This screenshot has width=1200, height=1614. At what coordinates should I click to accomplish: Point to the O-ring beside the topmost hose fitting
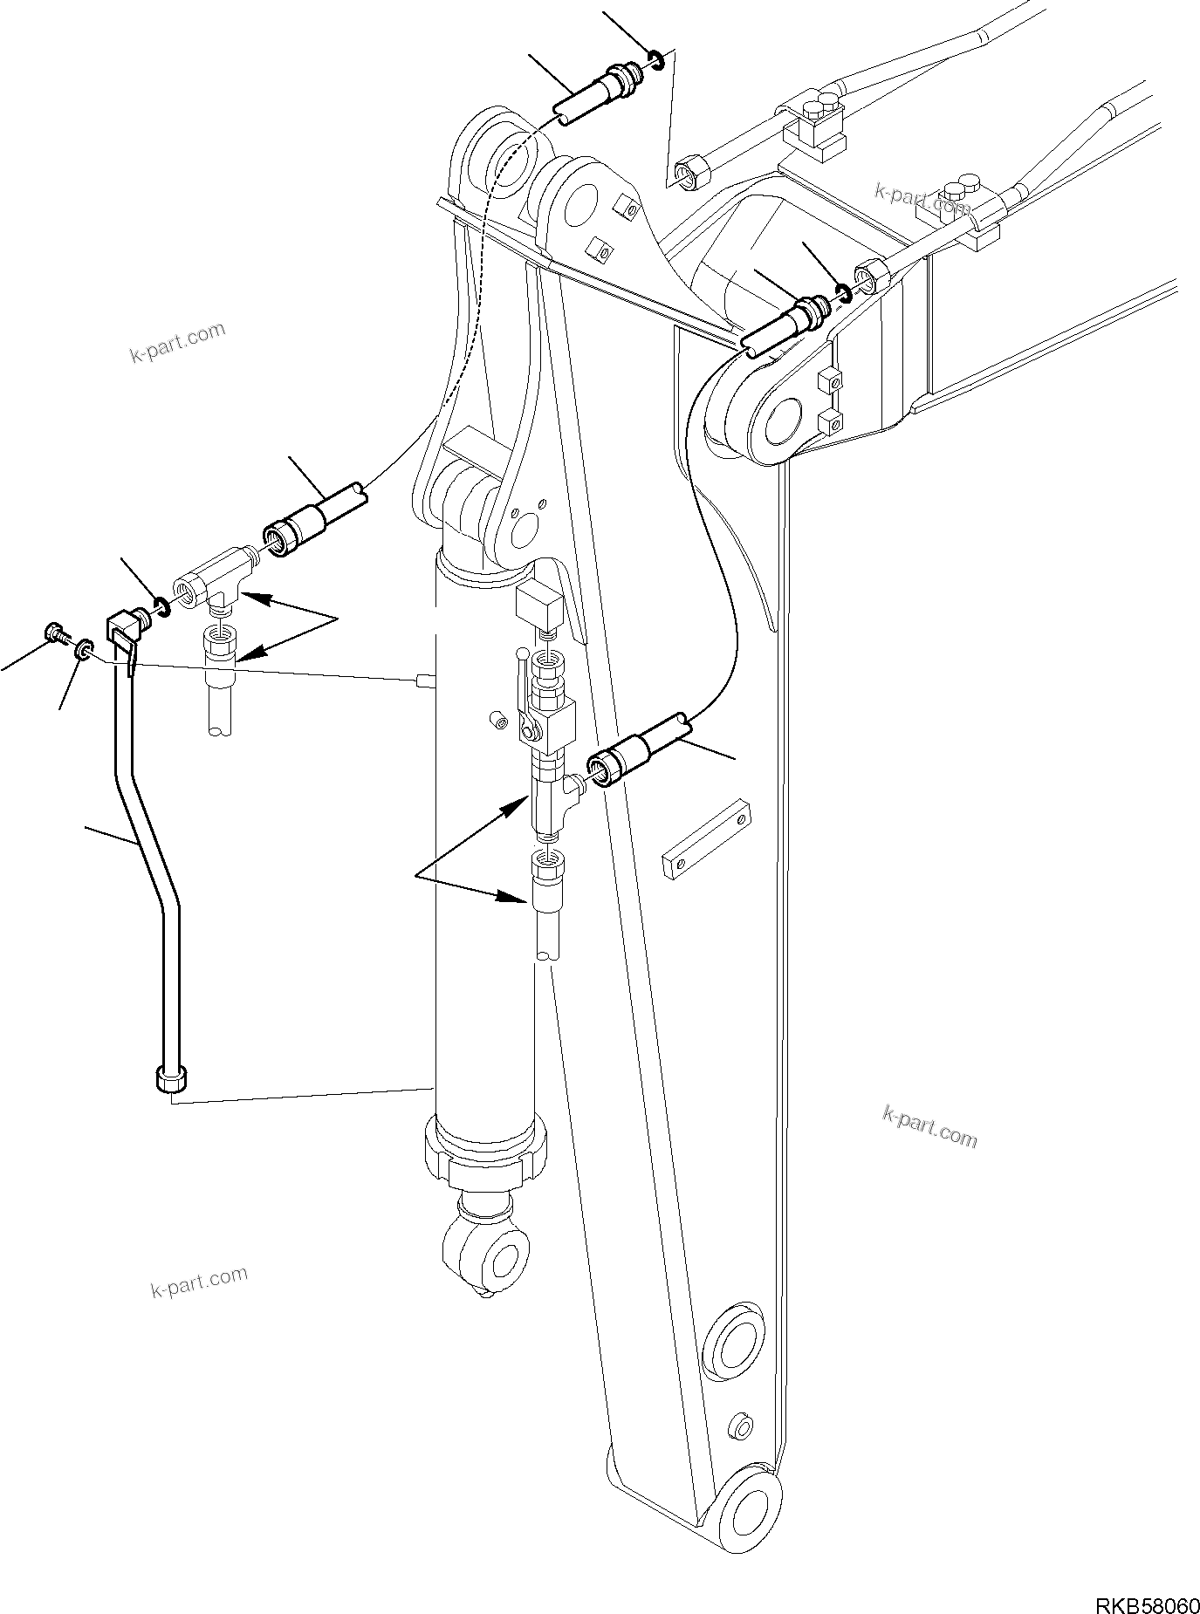coord(657,61)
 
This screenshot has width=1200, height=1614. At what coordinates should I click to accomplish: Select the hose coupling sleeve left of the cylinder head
coord(293,531)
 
